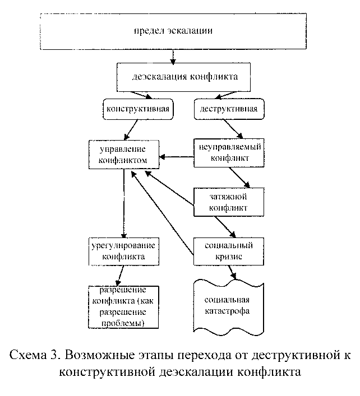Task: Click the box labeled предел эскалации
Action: pyautogui.click(x=176, y=29)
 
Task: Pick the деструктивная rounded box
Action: pyautogui.click(x=229, y=109)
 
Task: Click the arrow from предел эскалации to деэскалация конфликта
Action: pyautogui.click(x=175, y=57)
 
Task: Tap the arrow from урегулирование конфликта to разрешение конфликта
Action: pyautogui.click(x=119, y=276)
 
